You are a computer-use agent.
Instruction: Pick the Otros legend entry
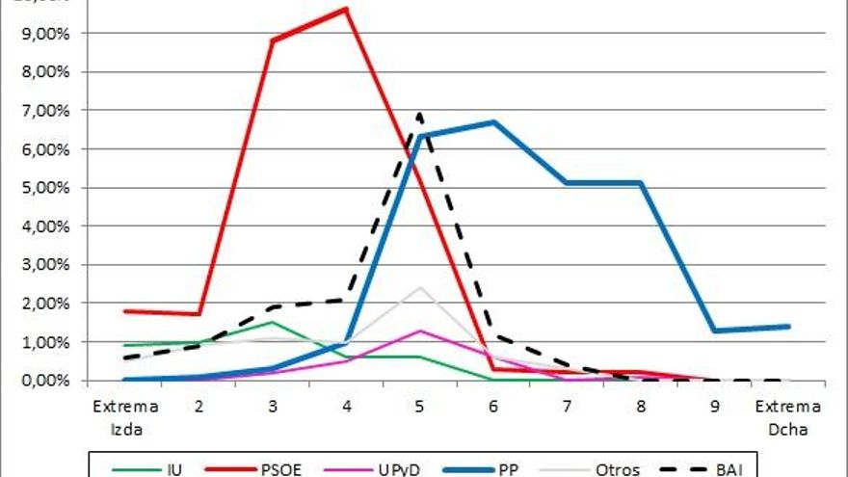click(618, 469)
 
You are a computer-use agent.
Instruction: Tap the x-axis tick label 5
click(419, 406)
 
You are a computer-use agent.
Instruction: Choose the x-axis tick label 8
click(640, 406)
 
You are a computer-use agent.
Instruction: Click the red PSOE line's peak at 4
click(345, 9)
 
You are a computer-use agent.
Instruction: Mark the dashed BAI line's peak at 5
click(419, 115)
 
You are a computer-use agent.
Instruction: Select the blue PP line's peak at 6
click(493, 121)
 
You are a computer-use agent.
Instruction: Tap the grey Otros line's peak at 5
click(419, 287)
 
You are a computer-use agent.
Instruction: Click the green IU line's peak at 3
click(273, 322)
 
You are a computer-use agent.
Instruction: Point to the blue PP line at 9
click(714, 331)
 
